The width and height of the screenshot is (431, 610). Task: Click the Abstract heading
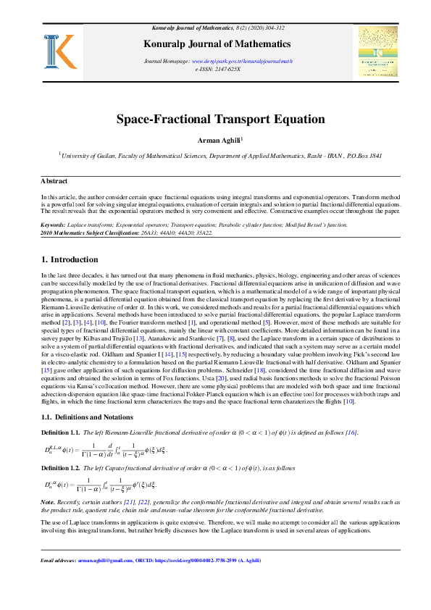point(54,181)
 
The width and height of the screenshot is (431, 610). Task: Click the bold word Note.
point(48,501)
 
